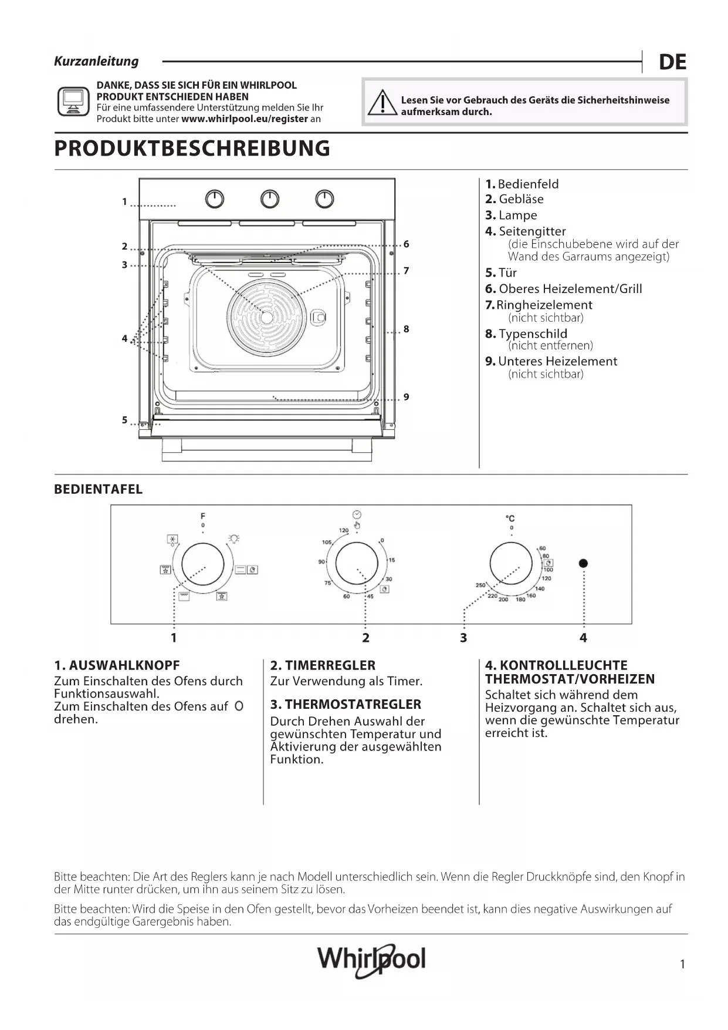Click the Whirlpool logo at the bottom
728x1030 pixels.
[x=371, y=960]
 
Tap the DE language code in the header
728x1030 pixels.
[x=672, y=62]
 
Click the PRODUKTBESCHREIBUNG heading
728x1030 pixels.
[x=192, y=149]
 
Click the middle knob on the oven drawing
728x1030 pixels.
[x=269, y=200]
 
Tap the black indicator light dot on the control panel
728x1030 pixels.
[x=583, y=563]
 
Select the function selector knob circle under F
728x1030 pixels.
[x=203, y=564]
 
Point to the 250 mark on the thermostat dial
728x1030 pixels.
[x=480, y=585]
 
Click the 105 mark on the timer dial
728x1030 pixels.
[x=327, y=542]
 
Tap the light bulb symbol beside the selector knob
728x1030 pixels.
[x=234, y=539]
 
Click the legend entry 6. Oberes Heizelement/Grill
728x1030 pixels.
[x=563, y=289]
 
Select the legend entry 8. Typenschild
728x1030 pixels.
[x=526, y=334]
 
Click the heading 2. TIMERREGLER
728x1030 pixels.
[x=323, y=665]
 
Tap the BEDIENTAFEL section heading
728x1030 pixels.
[x=98, y=490]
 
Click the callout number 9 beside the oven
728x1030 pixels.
[x=406, y=398]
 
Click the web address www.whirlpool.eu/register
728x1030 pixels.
[x=245, y=119]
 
